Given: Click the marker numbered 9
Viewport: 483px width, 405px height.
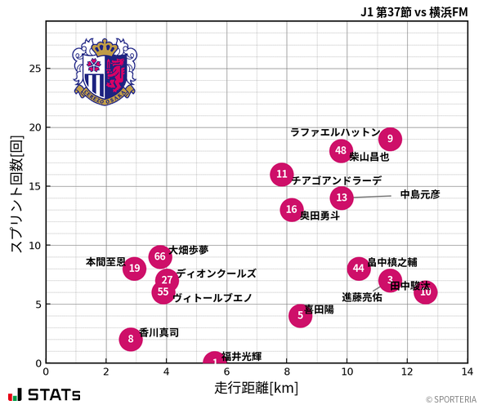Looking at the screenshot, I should (390, 139).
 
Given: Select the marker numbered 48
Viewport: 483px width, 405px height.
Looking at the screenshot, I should (342, 150).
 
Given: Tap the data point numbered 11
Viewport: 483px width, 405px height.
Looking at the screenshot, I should (282, 174).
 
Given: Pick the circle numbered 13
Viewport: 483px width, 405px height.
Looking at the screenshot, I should (342, 198).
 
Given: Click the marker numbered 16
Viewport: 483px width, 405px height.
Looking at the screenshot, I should (292, 210).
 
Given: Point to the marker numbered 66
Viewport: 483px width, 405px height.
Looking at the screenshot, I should (160, 257).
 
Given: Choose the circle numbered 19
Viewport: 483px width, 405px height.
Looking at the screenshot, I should (135, 268).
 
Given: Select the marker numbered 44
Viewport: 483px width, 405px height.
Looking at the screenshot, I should (359, 268).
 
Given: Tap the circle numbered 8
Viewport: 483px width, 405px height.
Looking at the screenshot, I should (131, 339).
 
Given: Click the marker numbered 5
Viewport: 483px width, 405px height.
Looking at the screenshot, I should (301, 315).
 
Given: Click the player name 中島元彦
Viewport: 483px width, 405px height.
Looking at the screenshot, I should (420, 194).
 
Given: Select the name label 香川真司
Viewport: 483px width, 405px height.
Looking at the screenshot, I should (159, 333).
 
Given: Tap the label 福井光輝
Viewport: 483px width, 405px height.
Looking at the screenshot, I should (242, 356).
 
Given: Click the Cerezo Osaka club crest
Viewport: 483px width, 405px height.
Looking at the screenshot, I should (105, 70).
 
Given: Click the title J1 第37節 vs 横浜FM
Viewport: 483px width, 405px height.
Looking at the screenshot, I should (414, 12).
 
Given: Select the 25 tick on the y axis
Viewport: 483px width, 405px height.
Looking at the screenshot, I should (33, 69).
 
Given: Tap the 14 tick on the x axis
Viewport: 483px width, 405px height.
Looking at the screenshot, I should (467, 372).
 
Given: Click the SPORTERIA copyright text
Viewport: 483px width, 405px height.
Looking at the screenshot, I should (450, 398).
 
